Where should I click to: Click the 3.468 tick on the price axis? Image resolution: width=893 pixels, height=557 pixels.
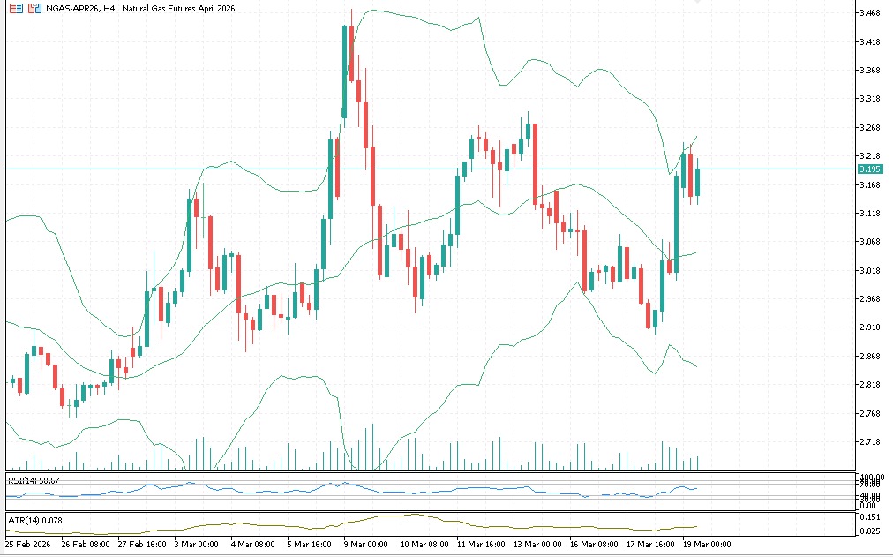coord(872,13)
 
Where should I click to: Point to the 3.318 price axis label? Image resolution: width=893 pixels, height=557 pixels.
coord(872,99)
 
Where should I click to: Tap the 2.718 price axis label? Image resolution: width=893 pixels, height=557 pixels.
coord(872,442)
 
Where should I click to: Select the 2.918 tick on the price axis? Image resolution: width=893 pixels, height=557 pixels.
coord(872,327)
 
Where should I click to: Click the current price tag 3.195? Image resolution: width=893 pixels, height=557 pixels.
coord(871,169)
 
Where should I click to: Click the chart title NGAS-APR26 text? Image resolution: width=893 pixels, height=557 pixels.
coord(70,8)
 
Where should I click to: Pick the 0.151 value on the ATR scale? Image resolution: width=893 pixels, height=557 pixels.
coord(872,516)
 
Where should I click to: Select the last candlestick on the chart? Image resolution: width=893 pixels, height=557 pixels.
coord(697,182)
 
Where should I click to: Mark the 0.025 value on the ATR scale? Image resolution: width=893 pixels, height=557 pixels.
coord(872,530)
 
